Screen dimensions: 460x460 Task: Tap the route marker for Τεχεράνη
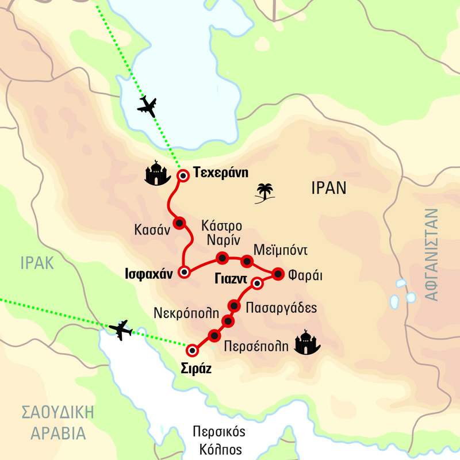[182, 176]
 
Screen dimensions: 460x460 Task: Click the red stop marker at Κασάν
[179, 223]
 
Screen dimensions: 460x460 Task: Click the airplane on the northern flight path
[148, 106]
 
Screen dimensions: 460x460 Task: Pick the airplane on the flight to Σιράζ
[120, 329]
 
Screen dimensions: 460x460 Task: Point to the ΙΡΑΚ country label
[36, 263]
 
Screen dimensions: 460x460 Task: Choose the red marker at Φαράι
[278, 274]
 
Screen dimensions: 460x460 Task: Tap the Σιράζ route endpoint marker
[193, 350]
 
